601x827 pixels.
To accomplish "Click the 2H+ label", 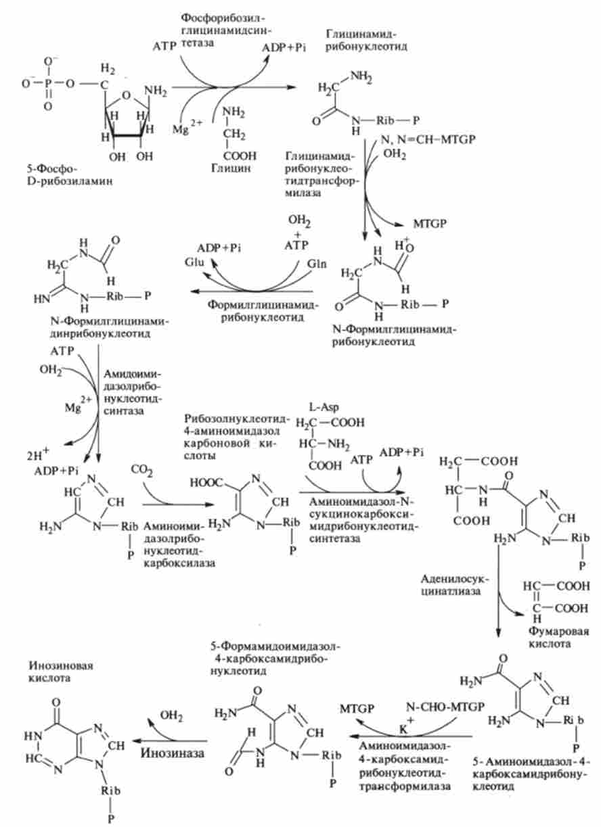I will point(35,454).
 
